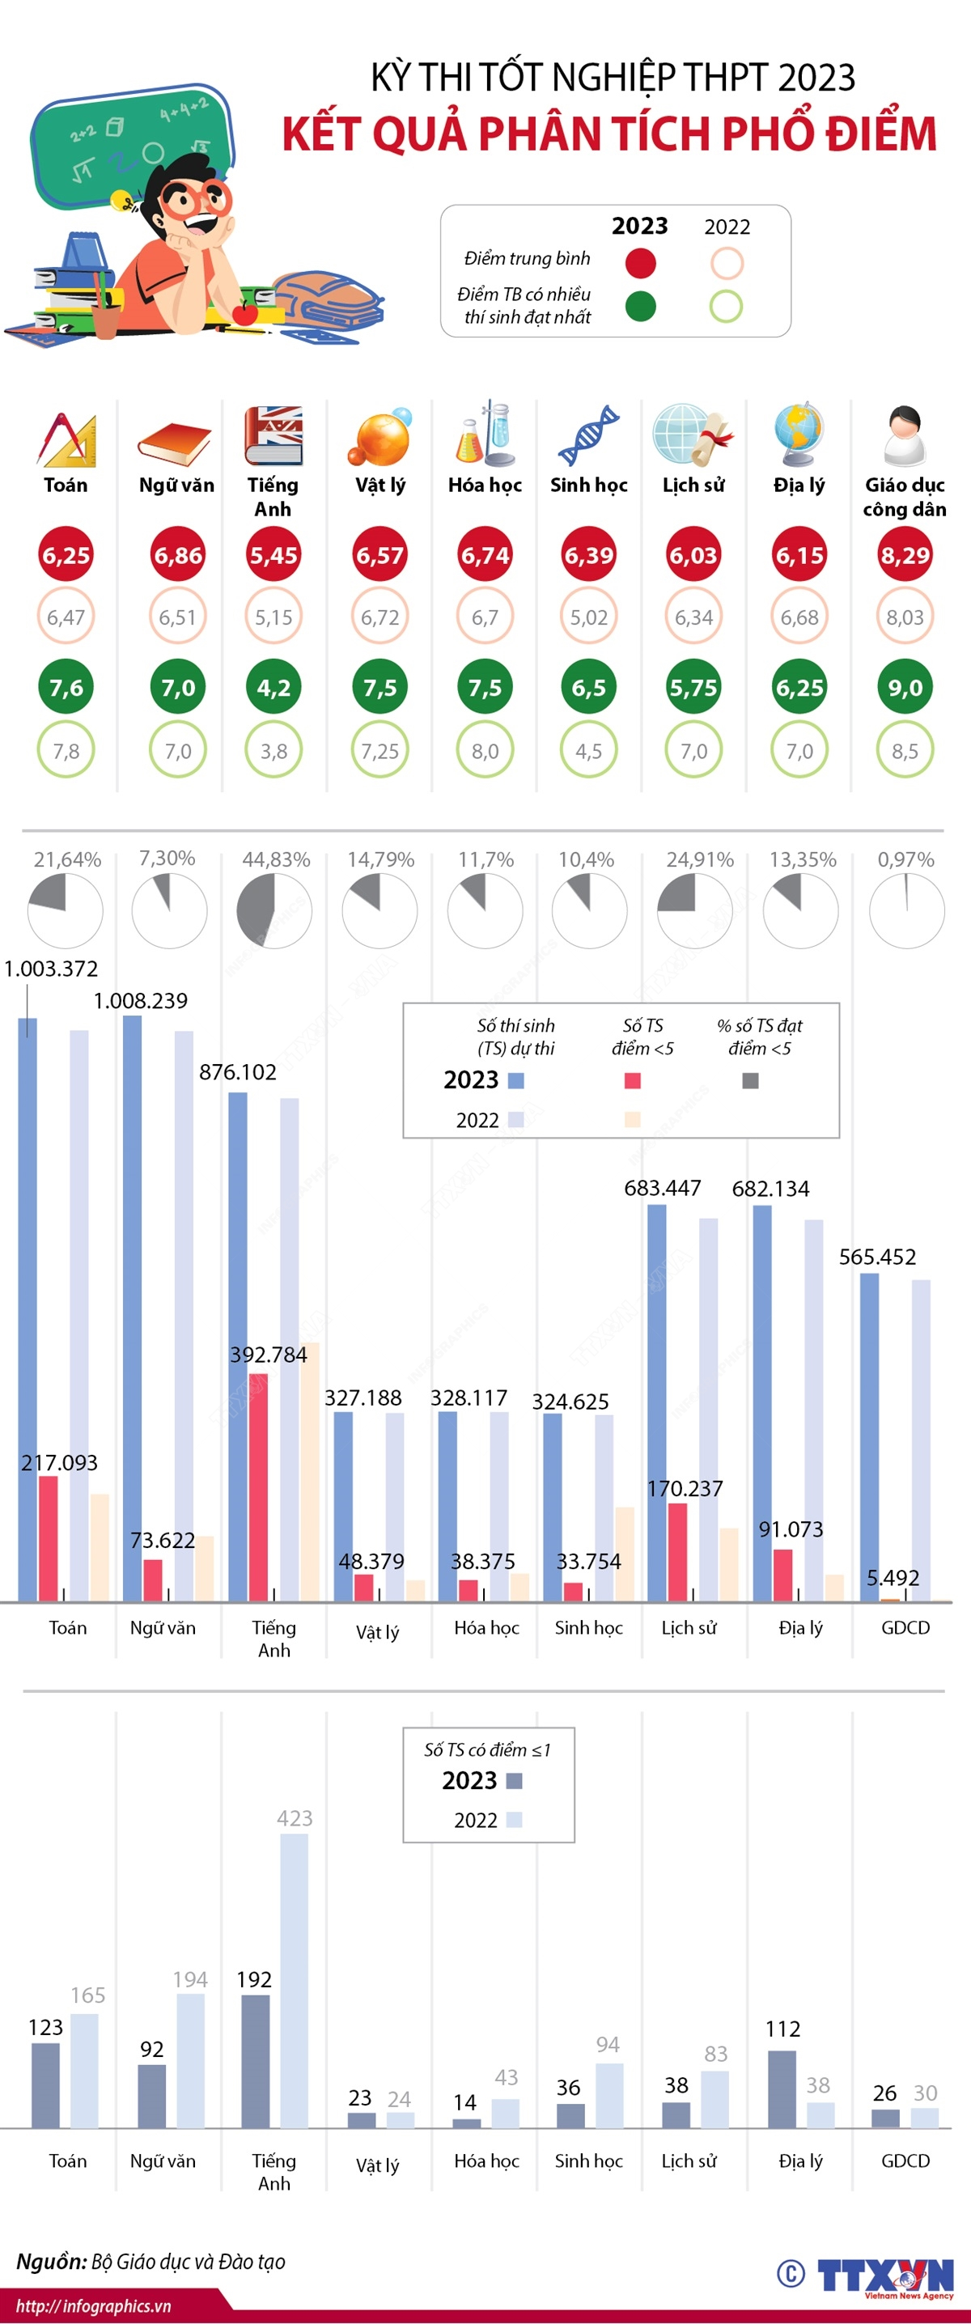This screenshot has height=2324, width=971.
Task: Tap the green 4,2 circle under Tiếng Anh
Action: click(x=273, y=688)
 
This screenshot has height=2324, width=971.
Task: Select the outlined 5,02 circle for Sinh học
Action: click(x=588, y=617)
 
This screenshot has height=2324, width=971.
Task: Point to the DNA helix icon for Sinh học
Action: click(x=588, y=435)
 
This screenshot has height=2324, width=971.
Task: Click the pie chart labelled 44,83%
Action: click(x=274, y=910)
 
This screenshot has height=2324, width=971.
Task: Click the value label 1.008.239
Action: click(x=141, y=1000)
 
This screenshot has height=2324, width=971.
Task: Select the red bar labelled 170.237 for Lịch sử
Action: click(x=676, y=1552)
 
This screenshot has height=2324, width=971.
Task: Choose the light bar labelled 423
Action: click(x=295, y=1980)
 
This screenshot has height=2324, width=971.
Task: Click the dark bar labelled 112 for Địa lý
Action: click(x=782, y=2089)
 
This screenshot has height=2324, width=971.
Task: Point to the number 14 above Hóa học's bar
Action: click(x=464, y=2102)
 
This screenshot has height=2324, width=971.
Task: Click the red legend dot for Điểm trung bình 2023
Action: click(x=640, y=264)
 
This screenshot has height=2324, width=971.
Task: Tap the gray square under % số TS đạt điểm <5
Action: click(x=750, y=1080)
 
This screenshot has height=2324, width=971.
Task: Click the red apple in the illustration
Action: click(x=244, y=313)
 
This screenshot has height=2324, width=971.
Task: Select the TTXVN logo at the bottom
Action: click(x=884, y=2275)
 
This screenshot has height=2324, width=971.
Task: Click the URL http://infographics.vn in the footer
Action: click(x=94, y=2306)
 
